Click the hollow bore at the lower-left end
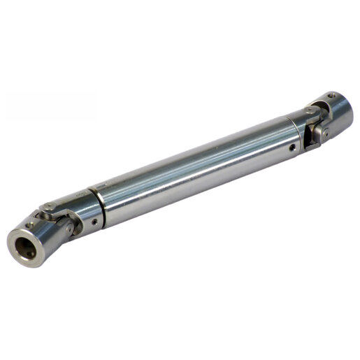(x=22, y=245)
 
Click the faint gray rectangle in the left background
(x=49, y=105)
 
